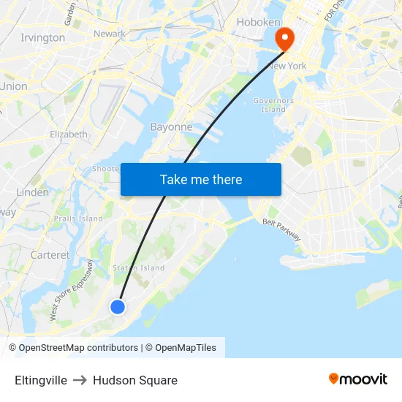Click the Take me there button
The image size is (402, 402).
(201, 179)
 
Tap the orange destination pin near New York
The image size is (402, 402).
(282, 39)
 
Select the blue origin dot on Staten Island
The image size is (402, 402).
(117, 307)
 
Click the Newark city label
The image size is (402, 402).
(110, 34)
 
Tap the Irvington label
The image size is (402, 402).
(42, 37)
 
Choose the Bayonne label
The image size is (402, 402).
(171, 126)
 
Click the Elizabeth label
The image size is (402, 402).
(69, 134)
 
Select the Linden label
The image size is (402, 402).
(33, 192)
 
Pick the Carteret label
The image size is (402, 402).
(50, 255)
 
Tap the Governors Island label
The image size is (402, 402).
(273, 105)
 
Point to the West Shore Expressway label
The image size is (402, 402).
(71, 290)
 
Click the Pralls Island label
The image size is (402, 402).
(78, 219)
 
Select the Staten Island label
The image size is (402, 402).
(138, 268)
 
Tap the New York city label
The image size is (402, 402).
(287, 66)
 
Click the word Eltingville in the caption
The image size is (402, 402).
(41, 380)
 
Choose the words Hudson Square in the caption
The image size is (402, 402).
(135, 380)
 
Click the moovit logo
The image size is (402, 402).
(357, 379)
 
